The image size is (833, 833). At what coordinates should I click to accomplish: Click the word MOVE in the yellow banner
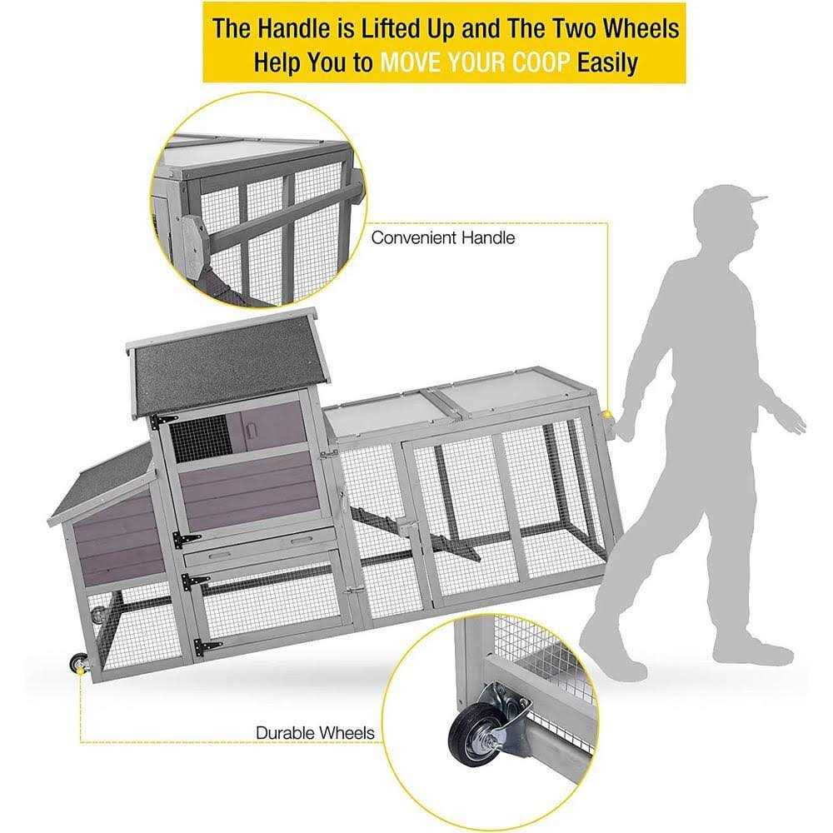412,62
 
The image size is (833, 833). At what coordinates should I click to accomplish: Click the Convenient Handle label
442,237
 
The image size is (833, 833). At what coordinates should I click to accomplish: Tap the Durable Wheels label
315,732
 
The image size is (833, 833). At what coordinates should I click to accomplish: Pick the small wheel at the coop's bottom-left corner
77,663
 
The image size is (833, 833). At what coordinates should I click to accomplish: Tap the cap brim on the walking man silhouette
756,200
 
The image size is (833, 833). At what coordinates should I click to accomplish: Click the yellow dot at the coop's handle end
607,414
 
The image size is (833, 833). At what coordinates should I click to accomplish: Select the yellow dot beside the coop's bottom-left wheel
80,672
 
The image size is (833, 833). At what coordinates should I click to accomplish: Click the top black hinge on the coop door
162,421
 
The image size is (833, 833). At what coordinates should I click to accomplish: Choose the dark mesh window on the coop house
200,439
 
